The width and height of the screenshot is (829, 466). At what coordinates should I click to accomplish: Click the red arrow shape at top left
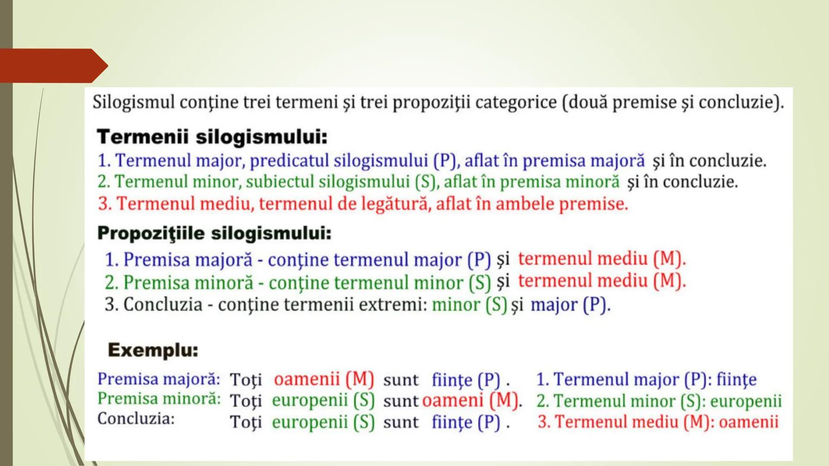coord(52,66)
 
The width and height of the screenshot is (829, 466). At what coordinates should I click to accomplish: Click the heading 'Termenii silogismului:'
coord(212,137)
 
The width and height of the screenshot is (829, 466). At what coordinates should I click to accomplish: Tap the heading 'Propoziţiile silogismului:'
coord(214,233)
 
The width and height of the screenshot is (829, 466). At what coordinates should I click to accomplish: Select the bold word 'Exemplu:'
coord(153,350)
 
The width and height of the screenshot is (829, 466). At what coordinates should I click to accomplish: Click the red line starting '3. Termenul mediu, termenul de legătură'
coord(363,204)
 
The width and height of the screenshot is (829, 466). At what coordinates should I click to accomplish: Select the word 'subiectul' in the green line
coord(280,182)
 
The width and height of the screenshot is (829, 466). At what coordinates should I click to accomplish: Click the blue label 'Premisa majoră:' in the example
coord(158,379)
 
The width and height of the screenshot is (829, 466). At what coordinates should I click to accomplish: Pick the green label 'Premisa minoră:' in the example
coord(158,399)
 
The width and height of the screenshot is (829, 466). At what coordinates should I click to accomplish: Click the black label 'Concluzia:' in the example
coord(136,419)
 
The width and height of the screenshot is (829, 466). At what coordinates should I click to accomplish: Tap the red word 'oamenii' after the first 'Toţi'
coord(307,379)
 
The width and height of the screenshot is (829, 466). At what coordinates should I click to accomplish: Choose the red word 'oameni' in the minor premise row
coord(452,400)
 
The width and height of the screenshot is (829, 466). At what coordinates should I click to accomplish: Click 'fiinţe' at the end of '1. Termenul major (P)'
coord(737,380)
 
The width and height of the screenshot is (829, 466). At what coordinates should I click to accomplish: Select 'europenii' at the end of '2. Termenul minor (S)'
coord(746,401)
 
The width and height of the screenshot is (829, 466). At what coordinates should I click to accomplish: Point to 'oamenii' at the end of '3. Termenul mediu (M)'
coord(748,422)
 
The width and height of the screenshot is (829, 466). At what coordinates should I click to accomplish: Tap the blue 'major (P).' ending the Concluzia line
coord(570,305)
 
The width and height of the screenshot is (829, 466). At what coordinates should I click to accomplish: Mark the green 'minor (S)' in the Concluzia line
coord(469,305)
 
